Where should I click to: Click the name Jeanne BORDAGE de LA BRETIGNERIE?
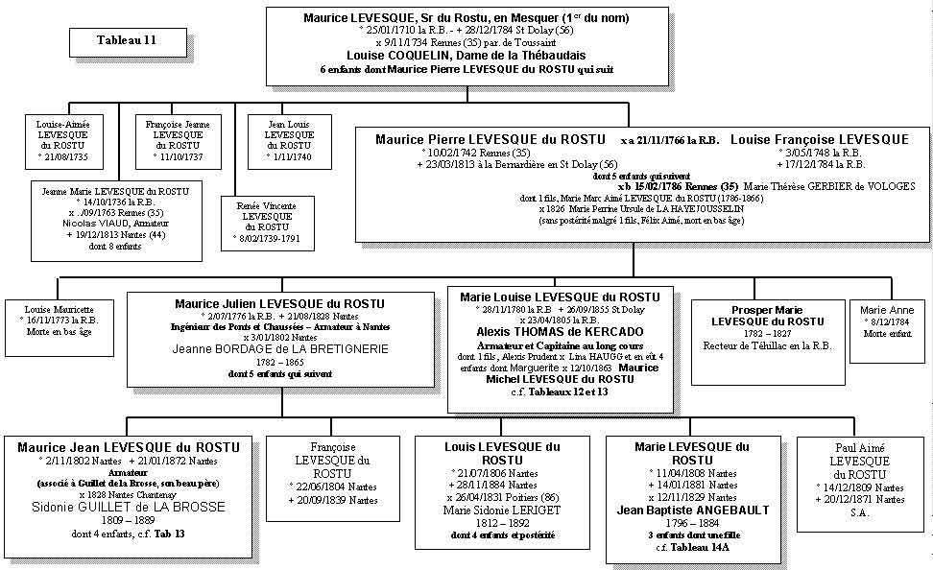tap(280, 349)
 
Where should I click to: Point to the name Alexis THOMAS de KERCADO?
tap(560, 332)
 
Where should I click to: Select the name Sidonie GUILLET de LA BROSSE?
tap(128, 507)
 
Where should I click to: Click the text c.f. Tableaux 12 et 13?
tap(560, 392)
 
